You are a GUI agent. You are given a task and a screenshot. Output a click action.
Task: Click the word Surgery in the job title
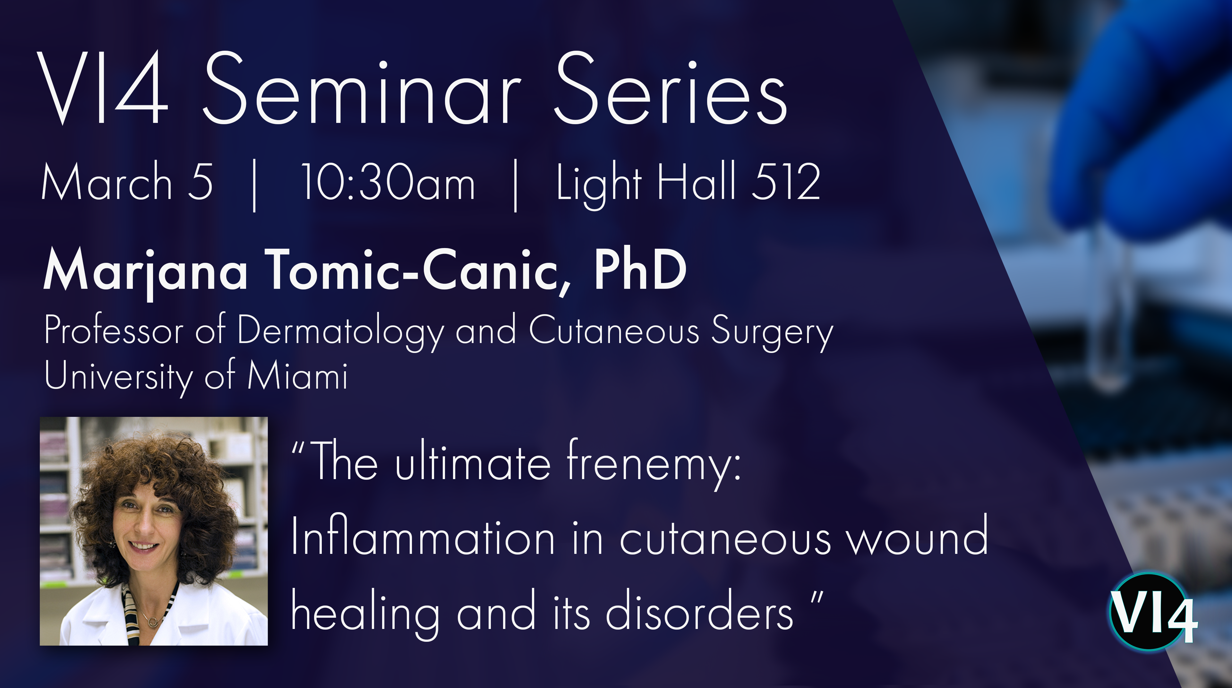point(772,331)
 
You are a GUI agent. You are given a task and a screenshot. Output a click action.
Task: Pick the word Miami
point(297,375)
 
